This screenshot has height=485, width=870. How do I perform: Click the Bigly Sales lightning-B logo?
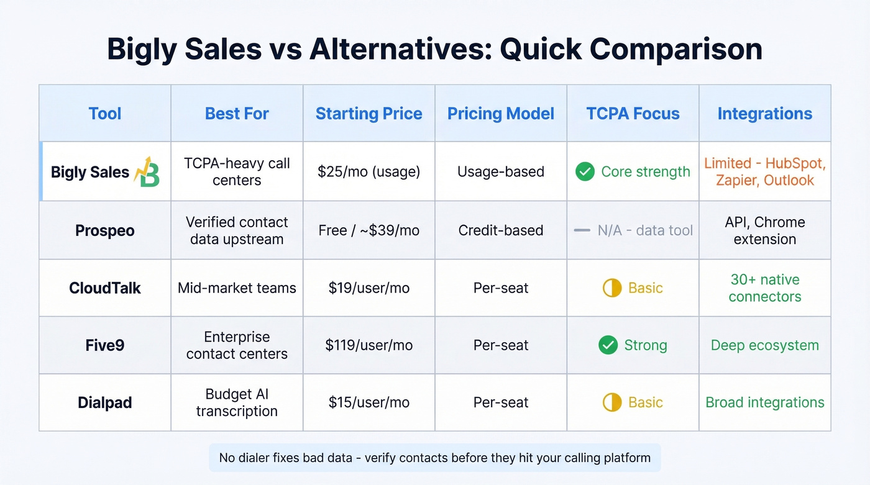147,171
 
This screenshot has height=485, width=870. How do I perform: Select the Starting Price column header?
369,114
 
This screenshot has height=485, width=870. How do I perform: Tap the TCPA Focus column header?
633,114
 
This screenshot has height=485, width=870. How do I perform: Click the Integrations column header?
764,114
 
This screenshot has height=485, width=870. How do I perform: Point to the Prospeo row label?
105,230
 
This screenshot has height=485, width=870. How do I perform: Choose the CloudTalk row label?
105,288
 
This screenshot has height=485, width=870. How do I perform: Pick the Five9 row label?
105,345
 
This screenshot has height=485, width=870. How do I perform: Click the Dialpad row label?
105,402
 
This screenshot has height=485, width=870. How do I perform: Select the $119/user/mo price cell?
369,345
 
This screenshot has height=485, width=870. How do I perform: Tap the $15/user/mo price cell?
369,402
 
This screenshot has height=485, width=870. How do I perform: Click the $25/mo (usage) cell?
369,172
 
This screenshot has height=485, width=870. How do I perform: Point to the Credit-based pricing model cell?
501,230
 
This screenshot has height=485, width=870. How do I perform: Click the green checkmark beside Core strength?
585,172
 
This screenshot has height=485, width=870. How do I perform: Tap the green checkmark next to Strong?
608,345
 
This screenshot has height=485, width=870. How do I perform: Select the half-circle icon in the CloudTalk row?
612,288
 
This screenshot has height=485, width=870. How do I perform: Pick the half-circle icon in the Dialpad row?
612,402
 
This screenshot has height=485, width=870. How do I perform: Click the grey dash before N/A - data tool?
582,230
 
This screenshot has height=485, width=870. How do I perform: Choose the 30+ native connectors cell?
764,288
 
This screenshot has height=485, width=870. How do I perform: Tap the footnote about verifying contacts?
434,458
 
